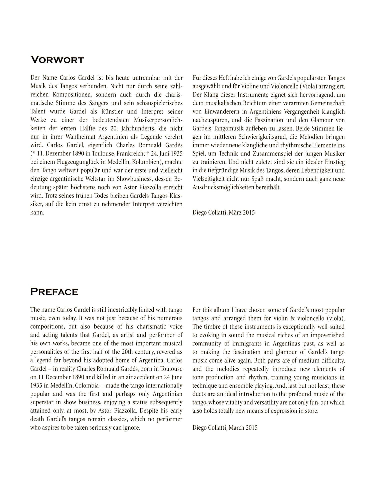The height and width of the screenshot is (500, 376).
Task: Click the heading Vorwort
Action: coord(57,60)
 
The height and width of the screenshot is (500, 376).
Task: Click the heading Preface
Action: coord(54,292)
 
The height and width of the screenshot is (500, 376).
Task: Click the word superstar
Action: coord(42,402)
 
